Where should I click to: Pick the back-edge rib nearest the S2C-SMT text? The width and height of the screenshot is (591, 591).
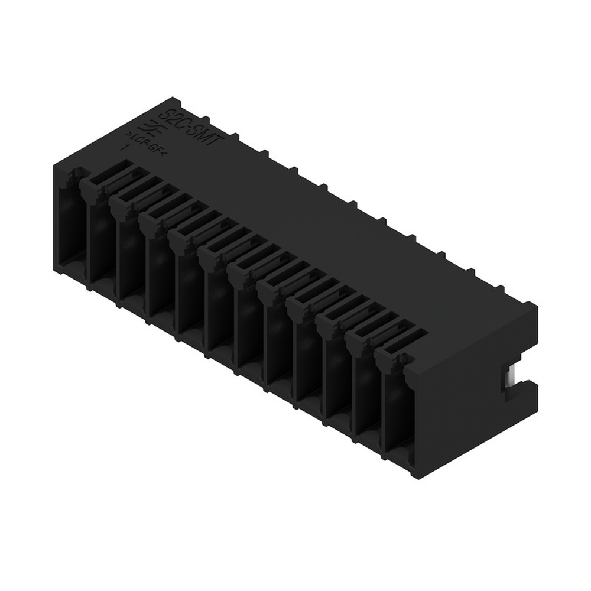[235, 138]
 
